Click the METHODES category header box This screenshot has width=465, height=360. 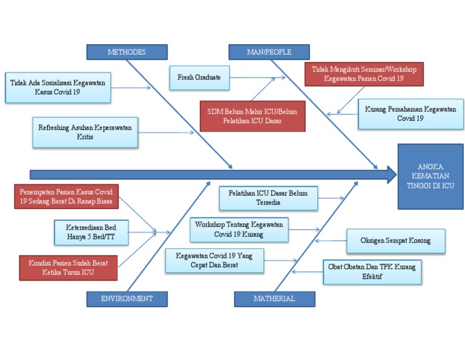[127, 52]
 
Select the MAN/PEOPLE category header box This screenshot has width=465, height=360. [269, 52]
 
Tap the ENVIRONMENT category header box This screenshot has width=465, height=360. [127, 298]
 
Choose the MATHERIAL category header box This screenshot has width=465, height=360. [274, 298]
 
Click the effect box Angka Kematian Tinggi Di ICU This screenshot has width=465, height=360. [430, 176]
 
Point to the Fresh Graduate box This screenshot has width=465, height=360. [199, 78]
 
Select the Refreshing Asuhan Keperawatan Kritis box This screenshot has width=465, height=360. [85, 132]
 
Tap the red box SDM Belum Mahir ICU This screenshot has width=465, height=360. [252, 116]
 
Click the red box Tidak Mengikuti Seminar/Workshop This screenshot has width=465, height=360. [364, 74]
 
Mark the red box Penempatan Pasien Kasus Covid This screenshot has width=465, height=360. [66, 197]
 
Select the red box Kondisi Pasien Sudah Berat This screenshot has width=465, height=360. [68, 267]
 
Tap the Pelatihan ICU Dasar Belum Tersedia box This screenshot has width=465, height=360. [268, 198]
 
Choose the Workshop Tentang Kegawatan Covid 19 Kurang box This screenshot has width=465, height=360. [239, 228]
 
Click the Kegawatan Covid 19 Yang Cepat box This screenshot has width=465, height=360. [214, 260]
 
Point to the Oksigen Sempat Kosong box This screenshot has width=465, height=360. [395, 241]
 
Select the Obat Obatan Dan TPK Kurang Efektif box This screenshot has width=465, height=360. [372, 272]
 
